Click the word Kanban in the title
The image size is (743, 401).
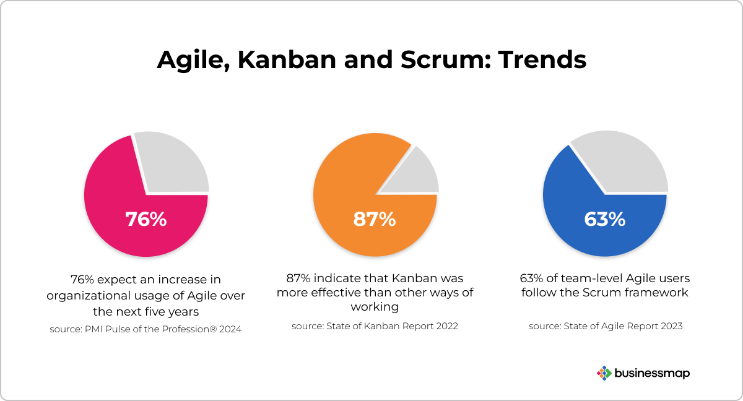(x=287, y=60)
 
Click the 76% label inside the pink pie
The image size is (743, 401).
(x=146, y=219)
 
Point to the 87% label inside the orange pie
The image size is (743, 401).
(x=375, y=219)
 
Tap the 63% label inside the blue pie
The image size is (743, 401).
(x=605, y=219)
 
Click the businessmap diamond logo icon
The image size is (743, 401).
(x=604, y=373)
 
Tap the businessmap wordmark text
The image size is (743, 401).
(x=652, y=374)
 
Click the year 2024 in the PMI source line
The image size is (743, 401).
(x=230, y=329)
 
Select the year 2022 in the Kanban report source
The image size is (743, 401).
(x=447, y=326)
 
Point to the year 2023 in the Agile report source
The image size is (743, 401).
(x=672, y=326)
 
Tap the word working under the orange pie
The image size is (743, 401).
(x=375, y=307)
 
